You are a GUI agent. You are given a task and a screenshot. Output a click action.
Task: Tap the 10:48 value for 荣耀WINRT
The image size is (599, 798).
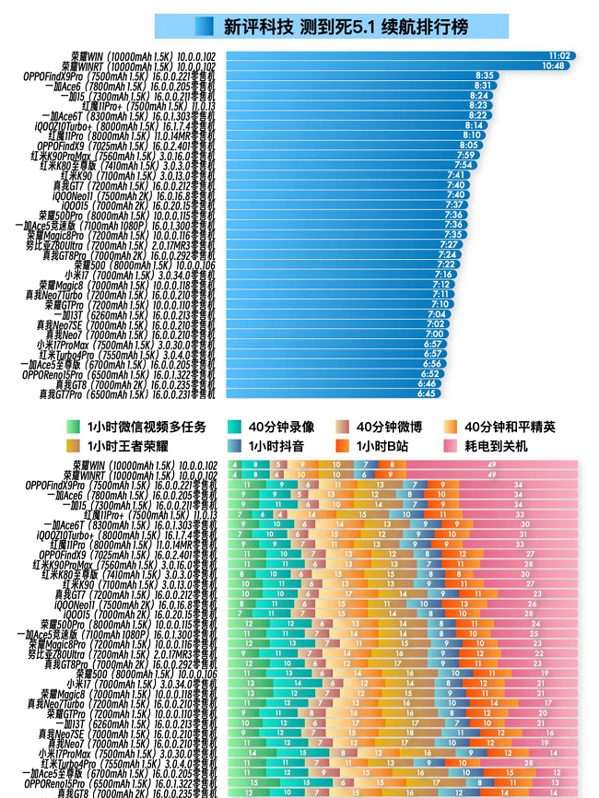(553, 65)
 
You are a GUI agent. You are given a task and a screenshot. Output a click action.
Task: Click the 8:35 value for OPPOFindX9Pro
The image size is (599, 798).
(485, 76)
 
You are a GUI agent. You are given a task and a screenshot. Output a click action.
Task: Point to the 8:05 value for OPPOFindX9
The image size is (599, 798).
(469, 145)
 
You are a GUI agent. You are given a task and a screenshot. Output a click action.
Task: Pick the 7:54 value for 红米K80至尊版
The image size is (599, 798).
(464, 164)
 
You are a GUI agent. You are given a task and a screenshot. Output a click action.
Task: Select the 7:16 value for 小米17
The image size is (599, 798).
(443, 274)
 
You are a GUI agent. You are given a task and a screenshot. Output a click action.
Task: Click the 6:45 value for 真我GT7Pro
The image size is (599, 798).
(426, 393)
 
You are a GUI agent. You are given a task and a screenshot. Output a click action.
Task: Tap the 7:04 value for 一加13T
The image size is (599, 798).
(437, 314)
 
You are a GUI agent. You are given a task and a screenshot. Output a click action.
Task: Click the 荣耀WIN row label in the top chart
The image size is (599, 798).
(143, 56)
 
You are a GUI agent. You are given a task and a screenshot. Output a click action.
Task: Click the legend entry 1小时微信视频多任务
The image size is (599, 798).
(137, 427)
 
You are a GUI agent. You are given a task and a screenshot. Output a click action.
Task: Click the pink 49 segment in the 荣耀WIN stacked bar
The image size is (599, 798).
(491, 465)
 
